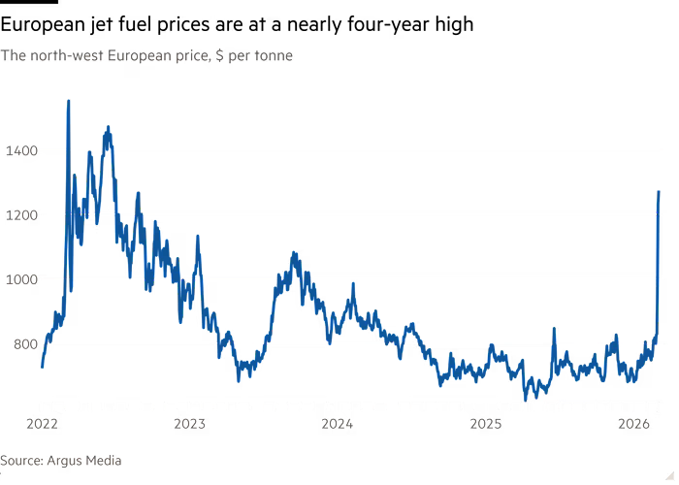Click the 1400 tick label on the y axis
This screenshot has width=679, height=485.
pyautogui.click(x=20, y=150)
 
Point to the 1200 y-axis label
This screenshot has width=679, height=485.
pyautogui.click(x=20, y=214)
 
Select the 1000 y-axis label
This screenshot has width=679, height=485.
pyautogui.click(x=20, y=279)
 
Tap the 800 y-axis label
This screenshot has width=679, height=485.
pyautogui.click(x=20, y=343)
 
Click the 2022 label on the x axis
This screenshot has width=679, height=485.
pyautogui.click(x=42, y=424)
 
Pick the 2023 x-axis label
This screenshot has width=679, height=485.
pyautogui.click(x=190, y=424)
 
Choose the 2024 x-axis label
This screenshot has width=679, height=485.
pyautogui.click(x=338, y=424)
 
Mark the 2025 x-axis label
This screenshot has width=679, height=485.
pyautogui.click(x=487, y=424)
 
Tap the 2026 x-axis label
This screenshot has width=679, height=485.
pyautogui.click(x=635, y=424)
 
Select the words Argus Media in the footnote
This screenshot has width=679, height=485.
pyautogui.click(x=86, y=461)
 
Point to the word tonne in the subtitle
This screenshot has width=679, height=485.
pyautogui.click(x=275, y=56)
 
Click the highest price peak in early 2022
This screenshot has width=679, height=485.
pyautogui.click(x=68, y=100)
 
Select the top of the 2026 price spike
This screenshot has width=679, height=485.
pyautogui.click(x=659, y=191)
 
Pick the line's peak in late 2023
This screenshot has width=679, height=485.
pyautogui.click(x=293, y=252)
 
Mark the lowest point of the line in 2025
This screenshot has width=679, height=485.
pyautogui.click(x=527, y=397)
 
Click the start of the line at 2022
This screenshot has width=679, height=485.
pyautogui.click(x=42, y=367)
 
